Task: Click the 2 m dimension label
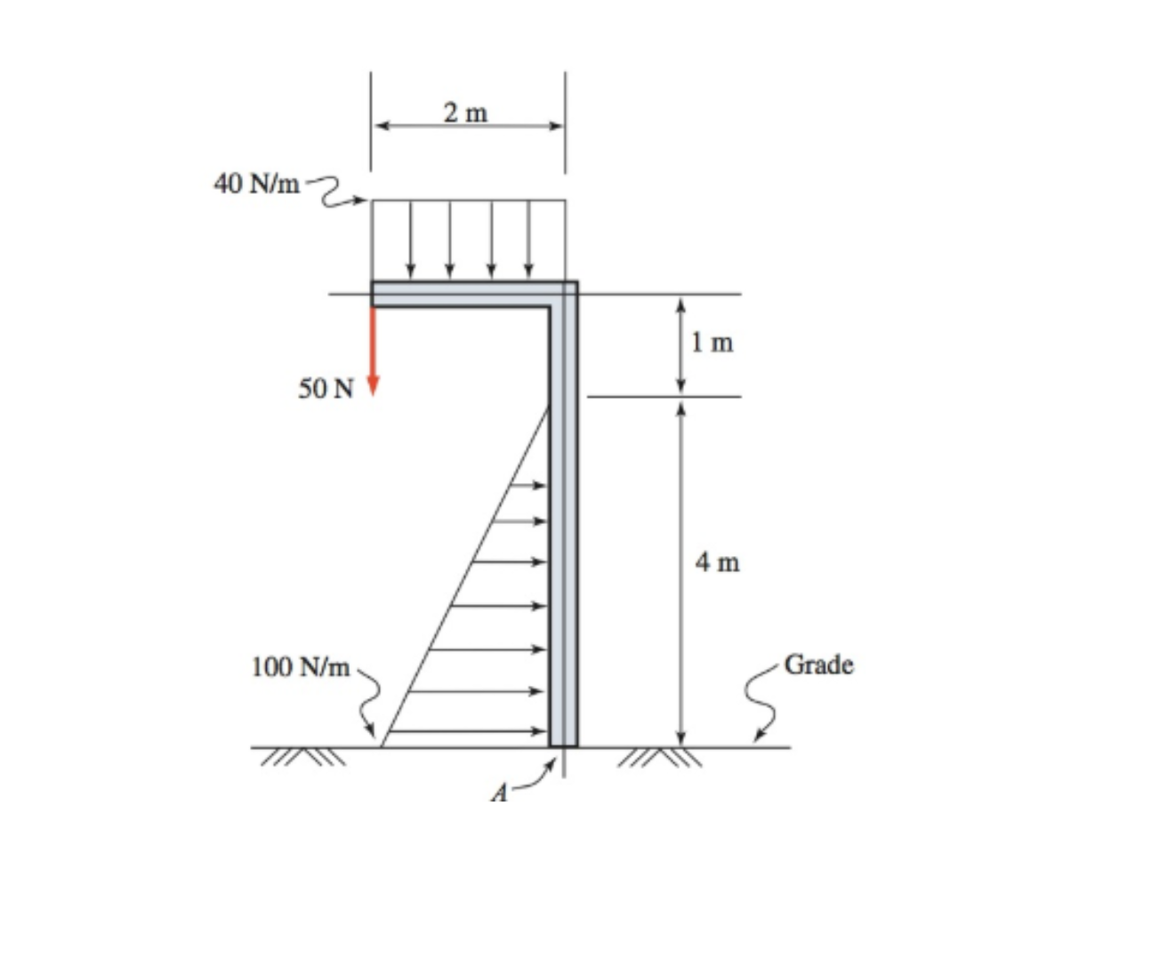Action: coord(465,113)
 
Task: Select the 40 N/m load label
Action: coord(256,183)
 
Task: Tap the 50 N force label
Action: coord(326,389)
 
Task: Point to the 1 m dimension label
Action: coord(713,342)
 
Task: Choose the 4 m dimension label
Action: coord(717,562)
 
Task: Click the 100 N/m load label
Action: coord(300,666)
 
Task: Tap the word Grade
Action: coord(818,665)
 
